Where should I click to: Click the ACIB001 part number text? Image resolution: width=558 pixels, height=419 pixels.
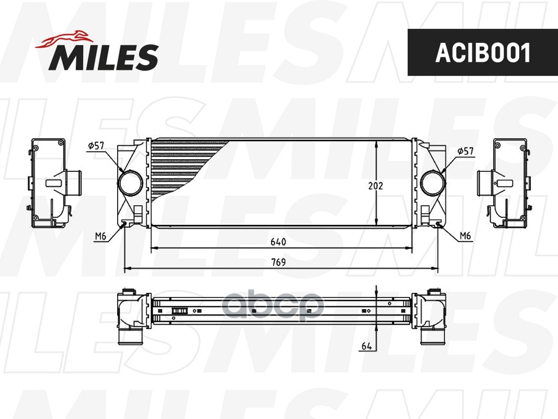click(x=483, y=53)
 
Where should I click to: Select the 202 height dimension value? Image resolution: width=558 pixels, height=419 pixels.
click(x=376, y=185)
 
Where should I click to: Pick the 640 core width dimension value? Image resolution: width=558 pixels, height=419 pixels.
click(x=278, y=242)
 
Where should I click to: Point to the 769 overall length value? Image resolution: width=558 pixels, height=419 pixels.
click(x=278, y=262)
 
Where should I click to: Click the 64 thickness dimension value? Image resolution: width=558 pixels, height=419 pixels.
click(x=367, y=346)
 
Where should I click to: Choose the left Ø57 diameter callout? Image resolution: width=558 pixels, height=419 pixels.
click(x=96, y=146)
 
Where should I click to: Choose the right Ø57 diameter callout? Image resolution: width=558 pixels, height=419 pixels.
click(x=465, y=151)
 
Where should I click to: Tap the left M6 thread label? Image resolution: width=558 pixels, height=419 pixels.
click(x=100, y=236)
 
